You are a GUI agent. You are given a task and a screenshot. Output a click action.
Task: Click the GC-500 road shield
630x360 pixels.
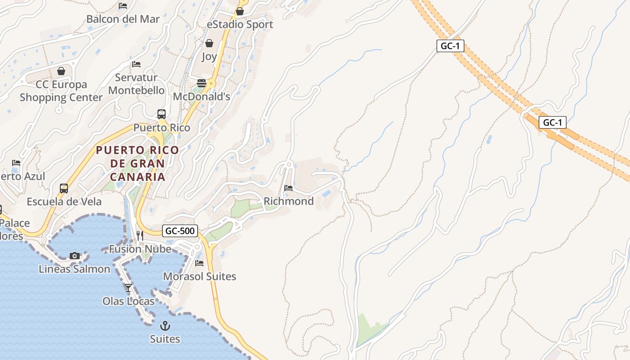click(x=180, y=231)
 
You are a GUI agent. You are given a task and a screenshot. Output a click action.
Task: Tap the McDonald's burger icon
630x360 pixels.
click(x=201, y=83)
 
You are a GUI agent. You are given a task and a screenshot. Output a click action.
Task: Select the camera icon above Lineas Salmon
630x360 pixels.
click(x=75, y=256)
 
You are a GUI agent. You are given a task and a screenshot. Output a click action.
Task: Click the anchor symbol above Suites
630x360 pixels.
click(x=165, y=325)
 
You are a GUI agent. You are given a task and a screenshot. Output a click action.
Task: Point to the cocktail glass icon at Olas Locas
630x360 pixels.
click(x=128, y=288)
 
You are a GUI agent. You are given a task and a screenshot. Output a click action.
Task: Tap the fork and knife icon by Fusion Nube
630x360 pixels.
click(x=140, y=235)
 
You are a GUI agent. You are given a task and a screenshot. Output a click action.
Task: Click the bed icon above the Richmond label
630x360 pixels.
click(x=288, y=188)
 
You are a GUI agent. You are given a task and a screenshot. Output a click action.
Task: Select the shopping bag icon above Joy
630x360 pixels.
click(x=209, y=43)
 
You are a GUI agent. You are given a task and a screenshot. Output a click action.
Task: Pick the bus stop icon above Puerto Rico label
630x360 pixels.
click(x=162, y=114)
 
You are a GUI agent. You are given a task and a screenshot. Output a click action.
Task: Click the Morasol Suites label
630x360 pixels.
click(x=199, y=276)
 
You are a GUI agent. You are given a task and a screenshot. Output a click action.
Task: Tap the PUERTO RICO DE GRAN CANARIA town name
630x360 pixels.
click(x=137, y=163)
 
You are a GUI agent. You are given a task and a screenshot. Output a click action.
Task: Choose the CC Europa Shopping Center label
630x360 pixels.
click(x=61, y=91)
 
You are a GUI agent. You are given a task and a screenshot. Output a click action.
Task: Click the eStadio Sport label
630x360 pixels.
click(x=240, y=24)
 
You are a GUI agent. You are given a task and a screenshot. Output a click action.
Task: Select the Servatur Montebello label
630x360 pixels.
click(x=136, y=84)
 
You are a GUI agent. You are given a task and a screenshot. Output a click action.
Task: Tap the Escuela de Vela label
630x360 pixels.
click(x=64, y=202)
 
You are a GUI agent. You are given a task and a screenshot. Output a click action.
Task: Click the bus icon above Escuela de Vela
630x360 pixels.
click(x=64, y=188)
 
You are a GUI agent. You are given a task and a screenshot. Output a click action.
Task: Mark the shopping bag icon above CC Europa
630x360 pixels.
click(x=61, y=71)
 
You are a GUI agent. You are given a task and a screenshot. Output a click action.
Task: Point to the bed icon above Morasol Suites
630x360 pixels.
click(x=199, y=263)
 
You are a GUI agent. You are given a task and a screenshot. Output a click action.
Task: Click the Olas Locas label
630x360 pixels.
click(x=128, y=301)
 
